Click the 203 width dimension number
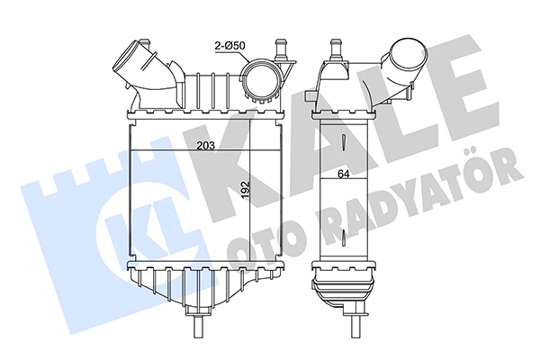(205, 146)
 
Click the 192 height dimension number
(245, 190)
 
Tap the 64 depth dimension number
(343, 175)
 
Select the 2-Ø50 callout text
(229, 46)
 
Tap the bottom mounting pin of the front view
(198, 328)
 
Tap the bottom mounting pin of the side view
(355, 328)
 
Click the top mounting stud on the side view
(336, 50)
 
